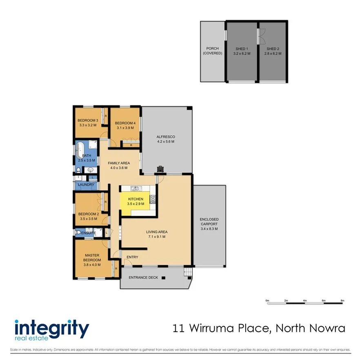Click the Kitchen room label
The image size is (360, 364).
pos(136,199)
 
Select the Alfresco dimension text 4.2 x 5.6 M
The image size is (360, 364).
pos(165,142)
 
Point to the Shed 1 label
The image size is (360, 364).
pos(242,49)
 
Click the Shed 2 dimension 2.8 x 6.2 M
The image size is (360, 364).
pos(273,54)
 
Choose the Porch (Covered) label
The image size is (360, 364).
pos(212,51)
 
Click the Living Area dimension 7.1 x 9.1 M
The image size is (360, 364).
pos(157,237)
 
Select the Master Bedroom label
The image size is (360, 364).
pos(93,258)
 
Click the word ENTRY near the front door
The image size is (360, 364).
pos(132,257)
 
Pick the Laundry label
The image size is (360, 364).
pos(86,185)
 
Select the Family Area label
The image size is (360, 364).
pos(119,163)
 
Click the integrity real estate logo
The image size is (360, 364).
pos(51,330)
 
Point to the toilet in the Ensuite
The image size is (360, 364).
pos(78,233)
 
